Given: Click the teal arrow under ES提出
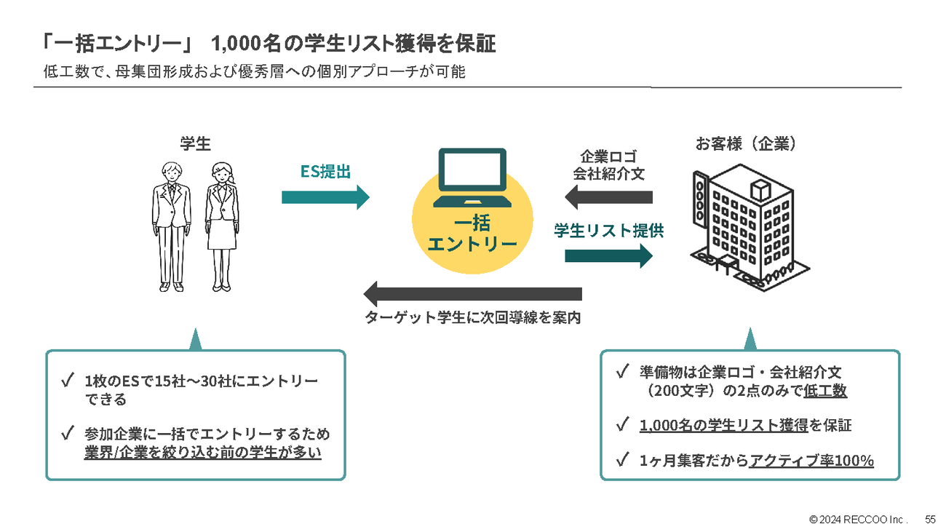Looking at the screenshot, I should point(325,197).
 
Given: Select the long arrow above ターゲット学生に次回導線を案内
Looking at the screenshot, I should point(472,294).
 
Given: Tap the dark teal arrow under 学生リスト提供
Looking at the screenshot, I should point(608,255).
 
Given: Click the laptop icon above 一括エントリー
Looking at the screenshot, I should point(472,179).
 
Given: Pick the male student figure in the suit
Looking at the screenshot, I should point(172,226).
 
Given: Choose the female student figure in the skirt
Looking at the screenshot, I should point(220,226).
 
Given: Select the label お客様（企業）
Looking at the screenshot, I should point(746,143).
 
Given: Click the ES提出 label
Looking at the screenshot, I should point(325,172).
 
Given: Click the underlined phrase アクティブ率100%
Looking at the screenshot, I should point(811,461).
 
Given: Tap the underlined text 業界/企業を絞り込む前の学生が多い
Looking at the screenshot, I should point(202,452).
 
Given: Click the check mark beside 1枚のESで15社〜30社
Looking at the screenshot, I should point(68,381).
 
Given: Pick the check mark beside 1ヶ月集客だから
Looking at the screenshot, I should point(621,460).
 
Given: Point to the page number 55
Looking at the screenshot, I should point(930,520).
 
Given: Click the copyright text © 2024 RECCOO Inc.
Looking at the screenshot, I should point(859,520).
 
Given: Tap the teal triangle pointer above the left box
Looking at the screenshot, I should point(194,339).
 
